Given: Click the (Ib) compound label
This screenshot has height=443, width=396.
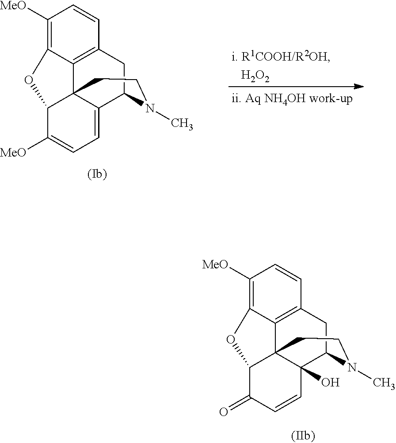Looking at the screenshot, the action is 97,174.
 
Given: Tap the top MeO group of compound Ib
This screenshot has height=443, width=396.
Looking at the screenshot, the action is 13,6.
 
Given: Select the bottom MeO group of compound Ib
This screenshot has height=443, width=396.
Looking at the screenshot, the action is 13,153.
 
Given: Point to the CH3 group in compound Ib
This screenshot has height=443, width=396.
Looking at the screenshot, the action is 182,124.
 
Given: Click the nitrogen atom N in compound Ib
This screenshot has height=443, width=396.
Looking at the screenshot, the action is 150,108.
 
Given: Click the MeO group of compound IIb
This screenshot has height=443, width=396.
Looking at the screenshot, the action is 215,265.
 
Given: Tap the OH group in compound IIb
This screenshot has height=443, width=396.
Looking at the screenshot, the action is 330,382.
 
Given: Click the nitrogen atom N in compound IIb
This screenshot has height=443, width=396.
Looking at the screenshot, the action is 352,367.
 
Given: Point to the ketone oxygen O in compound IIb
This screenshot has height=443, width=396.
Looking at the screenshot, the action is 224,412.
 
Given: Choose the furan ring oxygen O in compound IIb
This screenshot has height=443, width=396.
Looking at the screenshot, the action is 230,339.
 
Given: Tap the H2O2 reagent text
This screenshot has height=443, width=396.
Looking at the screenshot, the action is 255,76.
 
